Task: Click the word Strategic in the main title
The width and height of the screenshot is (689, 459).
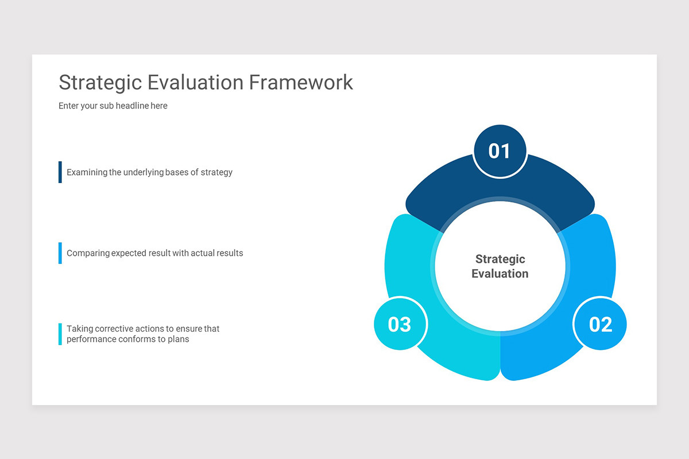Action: pos(100,83)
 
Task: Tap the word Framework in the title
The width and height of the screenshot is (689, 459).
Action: pos(301,83)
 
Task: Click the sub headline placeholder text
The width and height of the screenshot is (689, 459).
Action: pos(113,106)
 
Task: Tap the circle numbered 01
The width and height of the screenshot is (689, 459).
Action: pos(500,151)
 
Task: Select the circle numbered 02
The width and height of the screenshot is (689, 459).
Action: pos(600,325)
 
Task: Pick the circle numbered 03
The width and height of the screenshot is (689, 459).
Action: pos(400,325)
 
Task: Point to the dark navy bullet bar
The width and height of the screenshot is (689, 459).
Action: pos(60,172)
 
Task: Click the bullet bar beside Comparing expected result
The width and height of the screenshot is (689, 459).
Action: pos(60,253)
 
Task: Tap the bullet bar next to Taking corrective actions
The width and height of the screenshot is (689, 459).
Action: pos(60,334)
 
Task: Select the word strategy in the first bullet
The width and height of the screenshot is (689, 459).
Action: pos(216,172)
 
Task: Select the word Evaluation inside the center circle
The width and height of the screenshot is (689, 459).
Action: pos(500,274)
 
